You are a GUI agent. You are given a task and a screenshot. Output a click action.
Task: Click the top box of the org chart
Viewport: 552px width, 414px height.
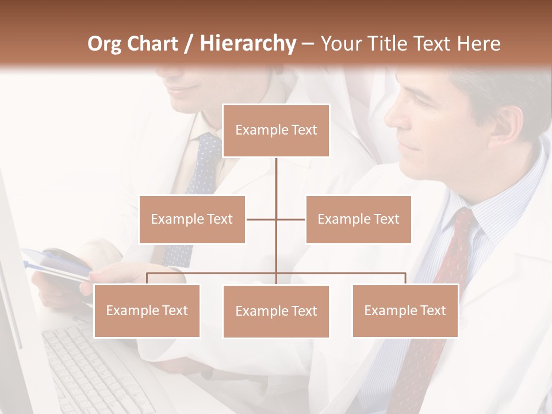[x=276, y=131]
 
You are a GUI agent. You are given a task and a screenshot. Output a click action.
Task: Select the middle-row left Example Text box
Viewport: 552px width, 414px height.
[x=192, y=219]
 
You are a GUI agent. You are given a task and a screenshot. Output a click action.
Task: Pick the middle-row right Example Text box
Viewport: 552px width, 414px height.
[x=358, y=219]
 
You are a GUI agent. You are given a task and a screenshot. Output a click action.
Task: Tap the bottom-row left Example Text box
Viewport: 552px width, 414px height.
[x=147, y=310]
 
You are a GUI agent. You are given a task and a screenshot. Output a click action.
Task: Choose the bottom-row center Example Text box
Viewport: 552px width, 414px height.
[x=276, y=311]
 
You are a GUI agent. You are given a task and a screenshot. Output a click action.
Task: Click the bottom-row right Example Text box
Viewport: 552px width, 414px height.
[x=405, y=310]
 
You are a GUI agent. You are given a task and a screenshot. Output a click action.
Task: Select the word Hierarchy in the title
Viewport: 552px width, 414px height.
[x=247, y=44]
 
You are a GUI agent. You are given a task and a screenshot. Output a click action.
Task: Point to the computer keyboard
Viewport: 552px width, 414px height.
[x=92, y=368]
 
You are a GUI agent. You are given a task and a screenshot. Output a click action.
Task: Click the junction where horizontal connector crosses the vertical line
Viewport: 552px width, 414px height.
[x=276, y=219]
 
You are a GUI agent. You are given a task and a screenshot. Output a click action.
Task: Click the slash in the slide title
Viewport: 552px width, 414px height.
[x=188, y=44]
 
